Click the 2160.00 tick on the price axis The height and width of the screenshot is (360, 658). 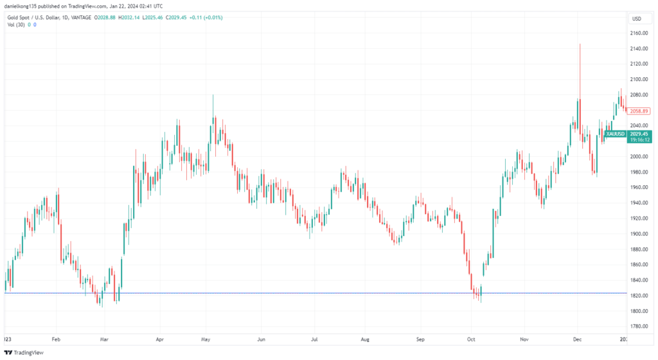(639, 33)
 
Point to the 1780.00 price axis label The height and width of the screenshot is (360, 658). (639, 326)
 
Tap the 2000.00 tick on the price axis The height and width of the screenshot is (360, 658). (639, 156)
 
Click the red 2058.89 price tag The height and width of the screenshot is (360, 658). (640, 111)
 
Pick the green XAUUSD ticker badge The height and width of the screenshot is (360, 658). (615, 133)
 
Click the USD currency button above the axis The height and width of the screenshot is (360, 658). (637, 19)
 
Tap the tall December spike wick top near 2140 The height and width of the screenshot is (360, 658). (580, 45)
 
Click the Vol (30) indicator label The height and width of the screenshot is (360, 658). (17, 24)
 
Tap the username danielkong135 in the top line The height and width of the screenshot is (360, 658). (24, 6)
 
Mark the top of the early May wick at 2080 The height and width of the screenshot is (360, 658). (213, 96)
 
